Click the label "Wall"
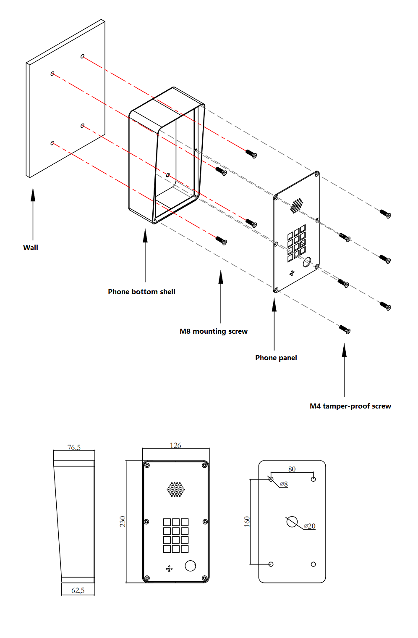31,248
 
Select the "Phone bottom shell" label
141,292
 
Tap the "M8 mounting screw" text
214,331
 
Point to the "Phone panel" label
276,358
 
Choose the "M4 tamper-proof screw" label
350,406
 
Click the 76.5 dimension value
74,448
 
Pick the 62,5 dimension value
78,591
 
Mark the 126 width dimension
175,446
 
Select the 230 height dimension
123,522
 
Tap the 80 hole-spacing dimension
292,469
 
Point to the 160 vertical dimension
247,522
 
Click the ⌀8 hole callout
284,484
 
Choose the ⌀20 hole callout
310,526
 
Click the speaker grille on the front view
175,489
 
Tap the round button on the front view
191,566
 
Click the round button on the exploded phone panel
307,263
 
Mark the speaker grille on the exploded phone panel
297,205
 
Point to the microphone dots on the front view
170,569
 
